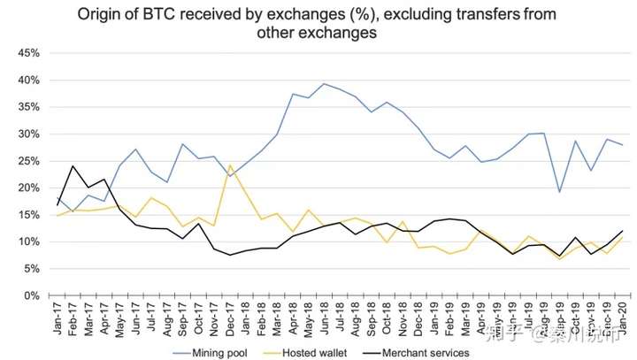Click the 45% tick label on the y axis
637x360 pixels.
tap(27, 53)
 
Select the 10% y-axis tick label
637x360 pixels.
tap(27, 241)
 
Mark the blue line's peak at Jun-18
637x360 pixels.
tap(326, 84)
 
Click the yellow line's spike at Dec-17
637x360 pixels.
tap(230, 165)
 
